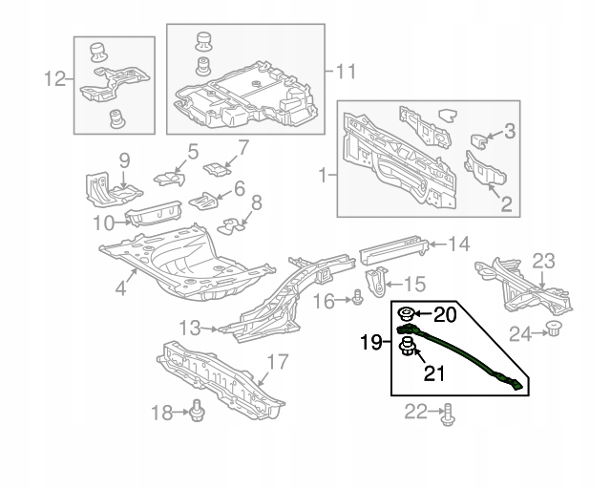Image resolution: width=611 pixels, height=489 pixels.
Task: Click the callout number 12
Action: pos(56,78)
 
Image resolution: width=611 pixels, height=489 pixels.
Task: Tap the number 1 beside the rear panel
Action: pos(323,176)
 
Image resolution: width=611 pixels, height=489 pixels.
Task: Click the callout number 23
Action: pos(543,261)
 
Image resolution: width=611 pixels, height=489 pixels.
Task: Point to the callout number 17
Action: pos(277,362)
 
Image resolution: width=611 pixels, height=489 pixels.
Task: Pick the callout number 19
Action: pos(372,340)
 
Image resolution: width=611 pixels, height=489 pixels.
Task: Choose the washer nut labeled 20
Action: pos(406,314)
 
